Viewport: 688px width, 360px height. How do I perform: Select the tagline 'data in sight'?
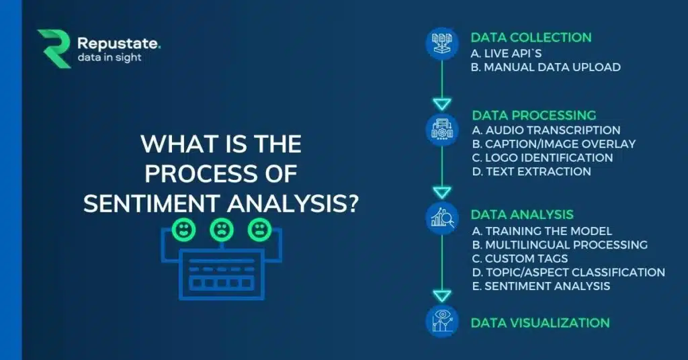[x=110, y=58]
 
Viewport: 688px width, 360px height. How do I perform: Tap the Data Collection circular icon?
[x=442, y=44]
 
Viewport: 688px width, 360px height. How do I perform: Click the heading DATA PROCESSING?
[x=534, y=116]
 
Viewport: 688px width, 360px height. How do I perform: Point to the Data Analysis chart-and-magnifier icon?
[x=442, y=218]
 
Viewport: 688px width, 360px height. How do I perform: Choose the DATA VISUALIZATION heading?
[x=540, y=323]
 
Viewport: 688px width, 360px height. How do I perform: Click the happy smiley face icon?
[x=183, y=229]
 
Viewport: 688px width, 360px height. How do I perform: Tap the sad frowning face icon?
[x=222, y=229]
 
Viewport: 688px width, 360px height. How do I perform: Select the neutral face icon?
[x=260, y=229]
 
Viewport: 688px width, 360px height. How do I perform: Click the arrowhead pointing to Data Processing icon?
[x=442, y=104]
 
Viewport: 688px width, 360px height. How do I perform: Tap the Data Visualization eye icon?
[x=442, y=322]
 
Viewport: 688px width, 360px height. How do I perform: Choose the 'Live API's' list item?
[x=507, y=54]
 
